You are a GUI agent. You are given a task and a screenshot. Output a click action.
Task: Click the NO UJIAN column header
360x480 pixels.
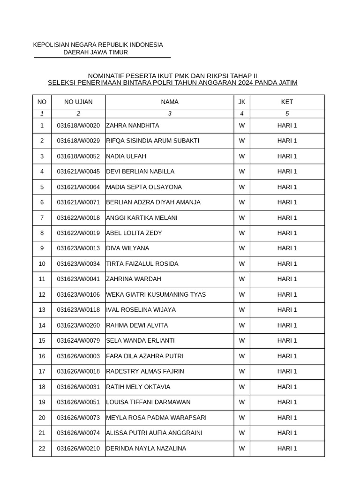(x=78, y=102)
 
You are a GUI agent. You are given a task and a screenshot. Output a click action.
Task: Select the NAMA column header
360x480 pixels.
(x=170, y=102)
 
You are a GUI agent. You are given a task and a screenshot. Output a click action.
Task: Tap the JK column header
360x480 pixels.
(x=242, y=102)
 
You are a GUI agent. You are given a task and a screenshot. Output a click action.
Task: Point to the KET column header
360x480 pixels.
(x=287, y=102)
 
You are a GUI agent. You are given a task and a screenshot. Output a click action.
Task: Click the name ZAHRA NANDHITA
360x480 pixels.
(x=133, y=126)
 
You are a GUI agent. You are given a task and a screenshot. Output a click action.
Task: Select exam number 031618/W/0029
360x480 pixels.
(x=78, y=141)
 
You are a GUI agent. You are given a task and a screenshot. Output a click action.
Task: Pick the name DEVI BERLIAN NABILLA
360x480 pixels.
(x=140, y=172)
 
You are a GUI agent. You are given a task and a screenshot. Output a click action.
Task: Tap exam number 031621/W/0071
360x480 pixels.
(x=78, y=202)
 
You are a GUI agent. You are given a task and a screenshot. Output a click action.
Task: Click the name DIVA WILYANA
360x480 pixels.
(x=127, y=248)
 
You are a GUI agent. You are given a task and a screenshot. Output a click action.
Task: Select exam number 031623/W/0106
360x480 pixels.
(x=78, y=294)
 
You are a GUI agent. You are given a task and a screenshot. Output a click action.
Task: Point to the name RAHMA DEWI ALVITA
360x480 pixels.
(x=137, y=325)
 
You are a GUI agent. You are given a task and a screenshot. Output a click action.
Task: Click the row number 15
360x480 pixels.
(x=42, y=340)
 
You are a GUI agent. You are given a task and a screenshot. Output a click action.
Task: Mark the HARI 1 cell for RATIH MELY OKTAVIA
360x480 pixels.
(x=287, y=387)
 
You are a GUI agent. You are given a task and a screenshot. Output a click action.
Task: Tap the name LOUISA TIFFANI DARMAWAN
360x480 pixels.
(x=148, y=402)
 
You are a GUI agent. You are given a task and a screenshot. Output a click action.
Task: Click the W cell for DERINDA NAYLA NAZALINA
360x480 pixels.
(x=242, y=449)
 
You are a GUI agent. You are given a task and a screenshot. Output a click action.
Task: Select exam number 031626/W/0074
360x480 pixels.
(x=78, y=433)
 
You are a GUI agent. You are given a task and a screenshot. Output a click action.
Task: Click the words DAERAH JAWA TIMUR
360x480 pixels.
(x=96, y=52)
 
